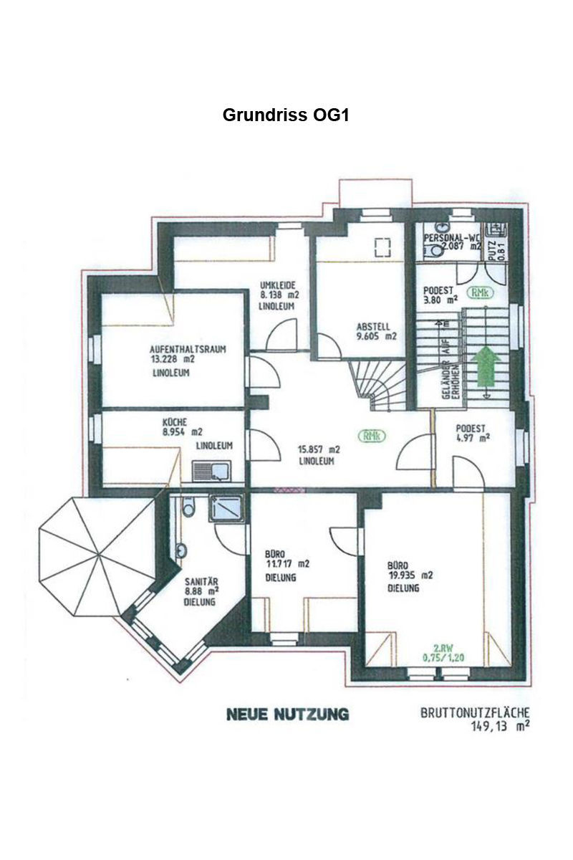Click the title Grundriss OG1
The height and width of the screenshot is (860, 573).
286,115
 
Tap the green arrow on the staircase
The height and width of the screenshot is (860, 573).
486,365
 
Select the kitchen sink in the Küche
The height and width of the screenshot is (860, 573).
211,471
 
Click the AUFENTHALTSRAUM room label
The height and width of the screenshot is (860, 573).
188,350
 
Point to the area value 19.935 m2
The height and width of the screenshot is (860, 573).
410,575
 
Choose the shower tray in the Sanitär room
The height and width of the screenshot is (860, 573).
226,508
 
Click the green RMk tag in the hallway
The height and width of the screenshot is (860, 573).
371,436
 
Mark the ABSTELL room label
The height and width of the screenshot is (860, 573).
373,327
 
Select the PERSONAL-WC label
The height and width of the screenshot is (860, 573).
452,238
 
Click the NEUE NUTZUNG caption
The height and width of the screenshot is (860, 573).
288,714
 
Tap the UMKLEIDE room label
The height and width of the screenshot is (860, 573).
277,285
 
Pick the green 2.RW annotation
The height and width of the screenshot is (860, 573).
443,646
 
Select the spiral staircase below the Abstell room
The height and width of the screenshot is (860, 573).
378,385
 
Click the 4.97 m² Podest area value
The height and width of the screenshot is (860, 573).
473,437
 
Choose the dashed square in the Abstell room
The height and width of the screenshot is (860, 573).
382,247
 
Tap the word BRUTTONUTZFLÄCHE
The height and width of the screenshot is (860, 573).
475,713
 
